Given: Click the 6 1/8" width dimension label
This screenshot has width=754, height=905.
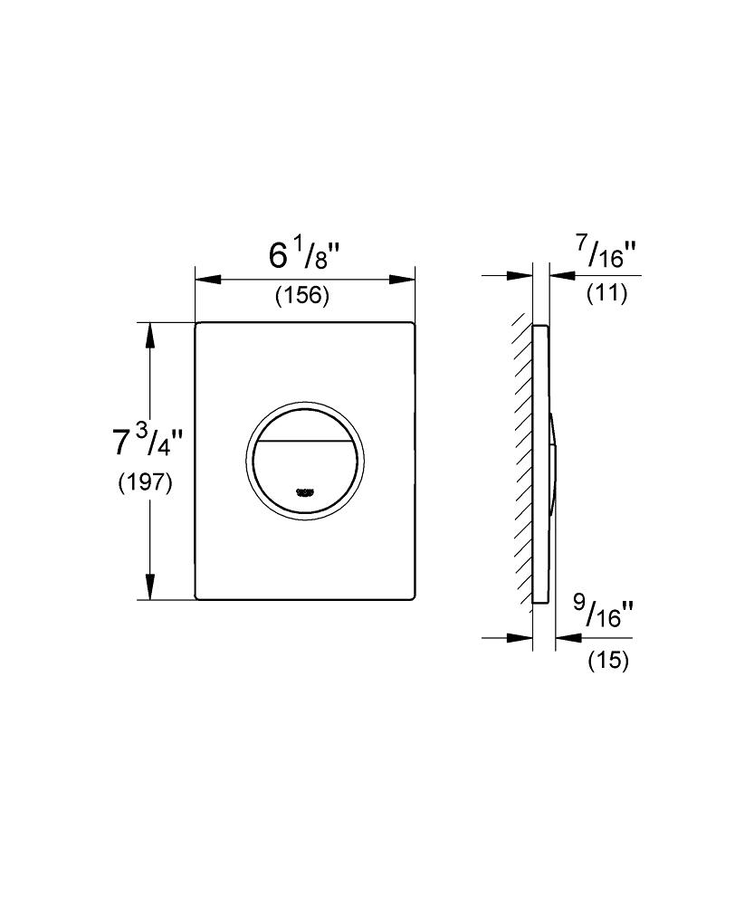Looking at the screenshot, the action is pos(306,256).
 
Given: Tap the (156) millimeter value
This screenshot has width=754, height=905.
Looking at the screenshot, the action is pos(302,296).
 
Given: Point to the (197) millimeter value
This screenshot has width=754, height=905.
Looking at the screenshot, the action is pos(145,482).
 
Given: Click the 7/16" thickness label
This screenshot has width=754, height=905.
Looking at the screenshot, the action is pos(608,254).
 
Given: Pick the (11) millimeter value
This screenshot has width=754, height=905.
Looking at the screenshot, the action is pos(606,294).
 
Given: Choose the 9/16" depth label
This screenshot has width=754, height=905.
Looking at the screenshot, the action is pos(604,613).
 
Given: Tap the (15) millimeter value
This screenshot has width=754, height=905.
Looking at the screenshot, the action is pos(608,660).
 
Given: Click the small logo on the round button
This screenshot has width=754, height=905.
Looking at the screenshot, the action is pos(304,492).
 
